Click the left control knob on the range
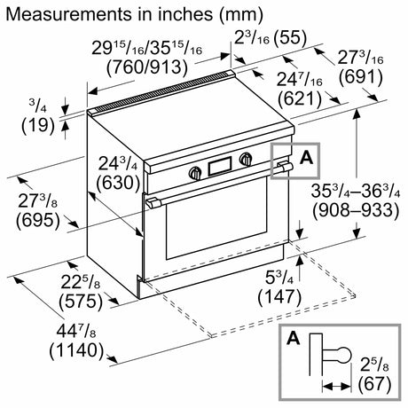[x=195, y=173]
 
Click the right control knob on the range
[x=246, y=159]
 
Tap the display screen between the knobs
[x=220, y=166]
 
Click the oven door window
[x=216, y=219]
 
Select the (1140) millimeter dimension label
[x=77, y=350]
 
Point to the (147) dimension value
[x=279, y=297]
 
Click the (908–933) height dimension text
[x=356, y=210]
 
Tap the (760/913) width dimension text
[x=147, y=67]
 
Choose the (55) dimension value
[x=290, y=38]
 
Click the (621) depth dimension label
[x=299, y=98]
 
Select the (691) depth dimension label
[x=361, y=77]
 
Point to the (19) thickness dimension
[x=38, y=125]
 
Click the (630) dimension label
[x=118, y=183]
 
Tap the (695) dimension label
[x=38, y=220]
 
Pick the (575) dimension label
[x=81, y=302]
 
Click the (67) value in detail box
[x=374, y=384]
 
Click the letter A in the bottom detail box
[x=294, y=338]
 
